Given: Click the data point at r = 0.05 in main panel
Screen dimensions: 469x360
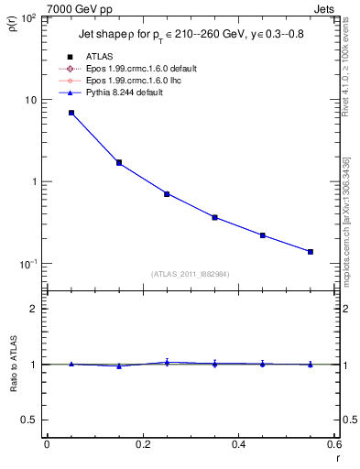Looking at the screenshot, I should point(71,113).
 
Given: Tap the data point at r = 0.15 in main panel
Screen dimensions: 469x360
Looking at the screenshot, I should point(119,163).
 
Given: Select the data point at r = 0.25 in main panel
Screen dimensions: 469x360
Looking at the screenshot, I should point(167,194).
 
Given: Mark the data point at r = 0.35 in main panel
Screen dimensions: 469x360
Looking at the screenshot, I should point(214,217).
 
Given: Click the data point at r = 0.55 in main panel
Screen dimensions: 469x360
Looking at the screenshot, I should point(311,252).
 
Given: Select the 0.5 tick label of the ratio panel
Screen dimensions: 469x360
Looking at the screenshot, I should point(29,420).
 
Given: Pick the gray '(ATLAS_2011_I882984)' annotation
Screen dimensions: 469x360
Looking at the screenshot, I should point(190,274).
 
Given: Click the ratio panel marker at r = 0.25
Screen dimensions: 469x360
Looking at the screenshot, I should point(167,363).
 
